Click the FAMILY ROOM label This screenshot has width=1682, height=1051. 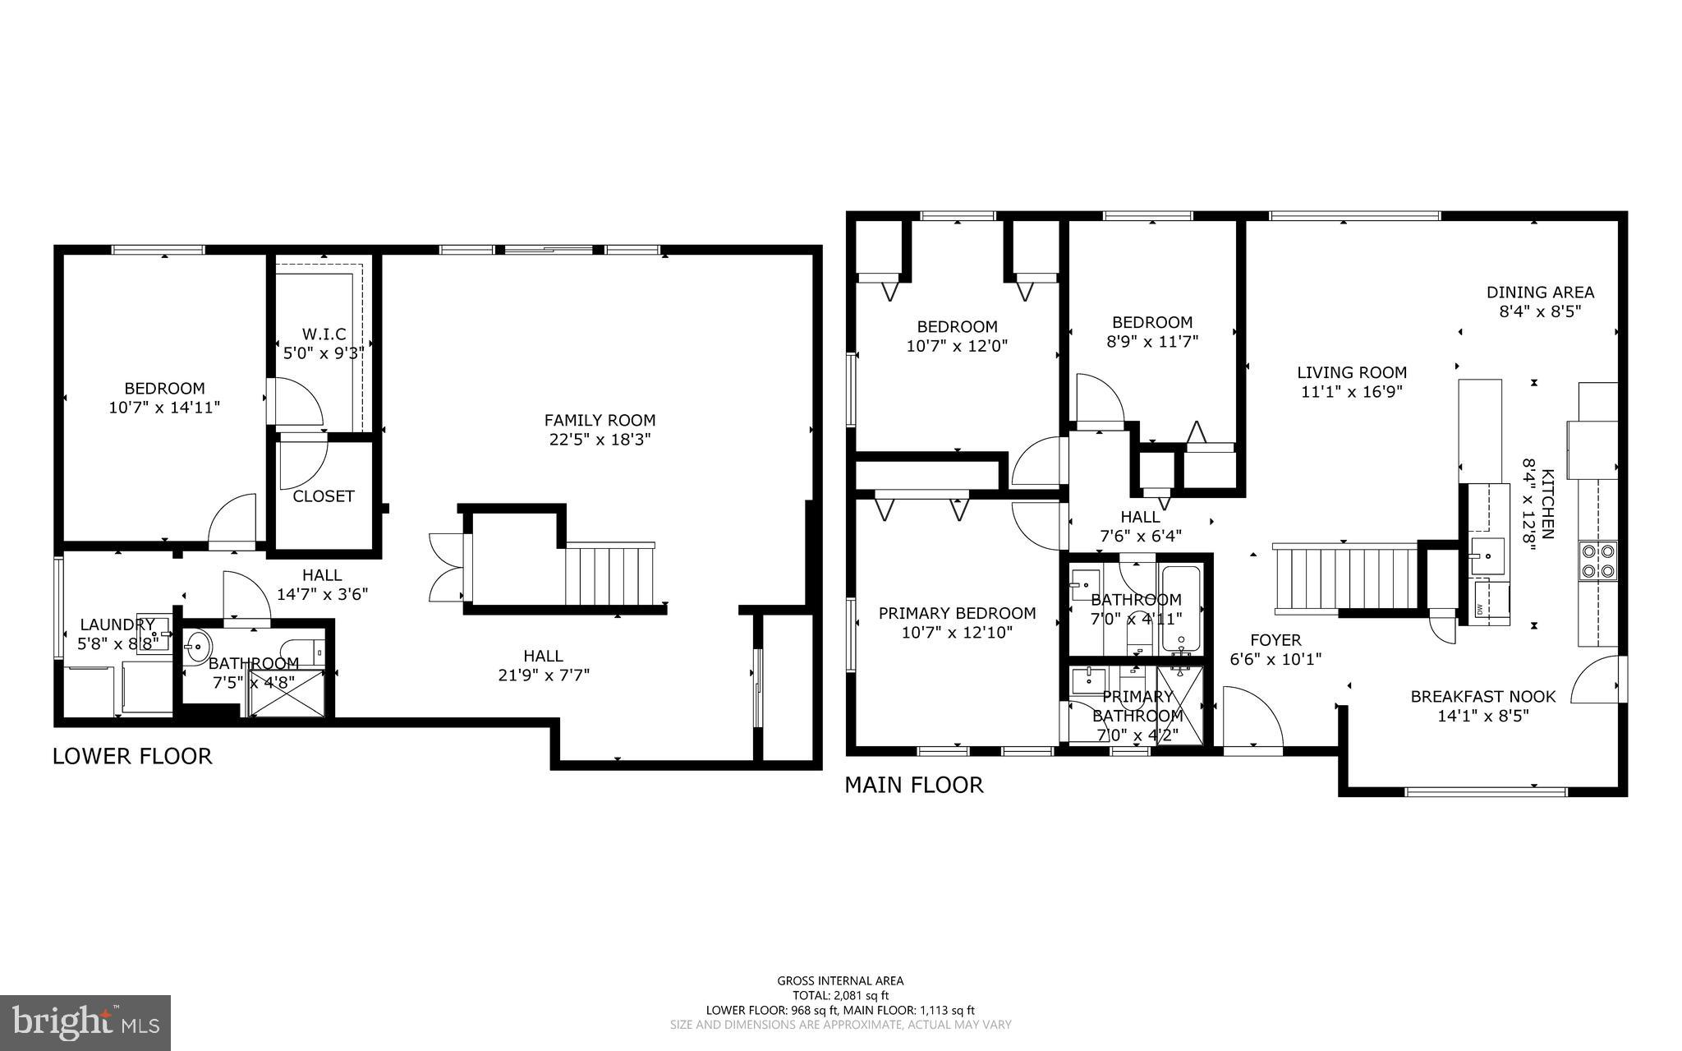click(x=600, y=421)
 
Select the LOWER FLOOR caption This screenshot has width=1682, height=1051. click(x=132, y=756)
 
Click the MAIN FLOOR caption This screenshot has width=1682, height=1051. click(x=913, y=785)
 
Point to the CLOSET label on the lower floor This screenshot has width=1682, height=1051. click(x=324, y=496)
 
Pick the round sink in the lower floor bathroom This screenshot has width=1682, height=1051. click(x=196, y=647)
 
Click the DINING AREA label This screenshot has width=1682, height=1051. click(x=1540, y=292)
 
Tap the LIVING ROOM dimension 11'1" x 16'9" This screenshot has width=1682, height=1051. click(x=1352, y=393)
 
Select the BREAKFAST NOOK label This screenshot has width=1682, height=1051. click(x=1482, y=697)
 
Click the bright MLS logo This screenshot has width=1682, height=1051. click(x=85, y=1022)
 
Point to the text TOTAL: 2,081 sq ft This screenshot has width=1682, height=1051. click(x=840, y=995)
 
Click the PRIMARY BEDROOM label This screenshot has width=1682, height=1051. click(x=957, y=613)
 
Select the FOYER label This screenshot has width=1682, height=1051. click(x=1275, y=640)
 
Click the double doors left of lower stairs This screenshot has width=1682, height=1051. click(x=445, y=567)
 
